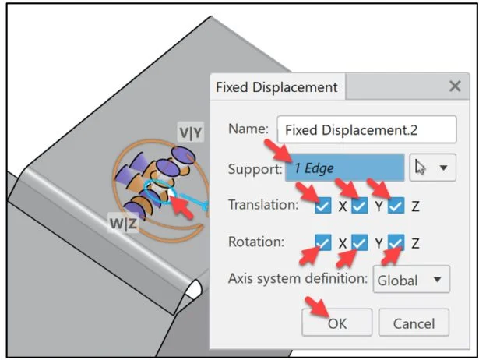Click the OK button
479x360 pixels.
tap(336, 323)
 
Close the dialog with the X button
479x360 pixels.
tap(455, 87)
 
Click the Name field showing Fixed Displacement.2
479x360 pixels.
tap(367, 130)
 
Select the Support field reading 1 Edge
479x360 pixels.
tap(344, 168)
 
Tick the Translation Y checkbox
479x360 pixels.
tap(359, 206)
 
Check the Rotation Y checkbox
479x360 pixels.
tap(359, 243)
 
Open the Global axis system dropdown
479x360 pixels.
tap(412, 279)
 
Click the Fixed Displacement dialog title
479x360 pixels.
tap(276, 87)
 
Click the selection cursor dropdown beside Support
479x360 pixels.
tap(431, 168)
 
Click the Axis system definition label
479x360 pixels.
tap(297, 279)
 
